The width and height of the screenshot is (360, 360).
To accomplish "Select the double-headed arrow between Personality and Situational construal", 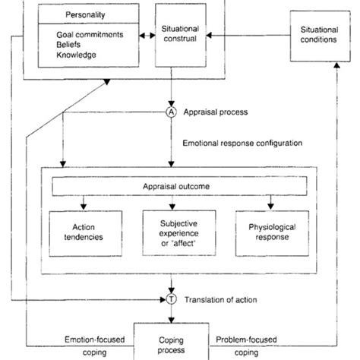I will coord(141,35).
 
